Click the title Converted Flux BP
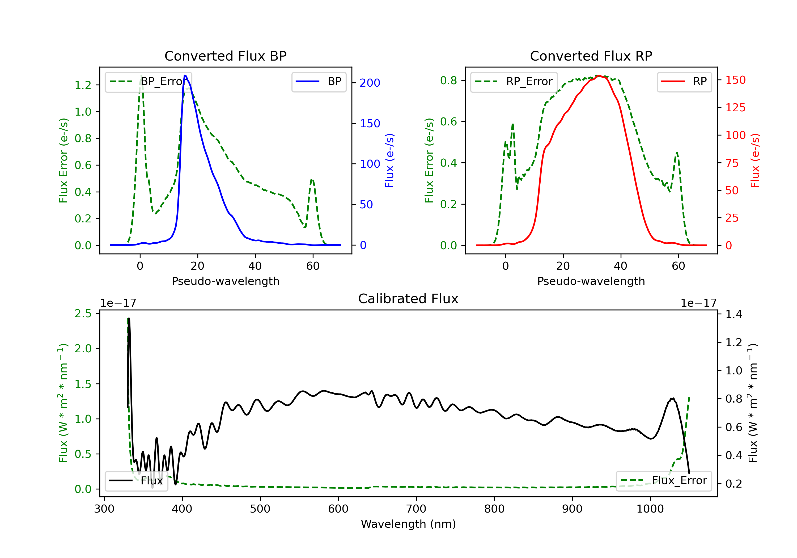[x=225, y=56]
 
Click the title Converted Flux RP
[x=591, y=56]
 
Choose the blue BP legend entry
[x=319, y=82]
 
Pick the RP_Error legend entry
[x=514, y=82]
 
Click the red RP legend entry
[x=684, y=82]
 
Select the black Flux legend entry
[x=136, y=481]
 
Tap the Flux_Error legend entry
[x=664, y=481]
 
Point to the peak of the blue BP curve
[x=185, y=75]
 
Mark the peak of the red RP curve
[x=599, y=75]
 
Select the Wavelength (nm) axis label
[x=408, y=524]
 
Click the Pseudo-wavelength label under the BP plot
[x=225, y=281]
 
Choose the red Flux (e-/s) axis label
[x=755, y=161]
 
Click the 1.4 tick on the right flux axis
[x=734, y=314]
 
